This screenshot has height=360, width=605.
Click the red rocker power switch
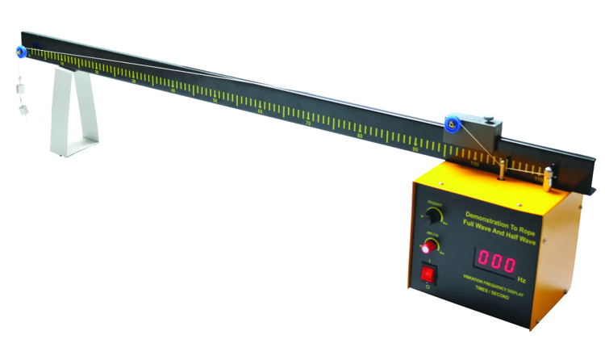428,276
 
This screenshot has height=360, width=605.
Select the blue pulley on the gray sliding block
451,124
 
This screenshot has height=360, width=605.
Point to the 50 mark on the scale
215,101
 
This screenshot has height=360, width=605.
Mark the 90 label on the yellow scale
415,149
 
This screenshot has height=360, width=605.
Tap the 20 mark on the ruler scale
96,73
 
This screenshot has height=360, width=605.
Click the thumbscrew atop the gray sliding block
489,122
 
